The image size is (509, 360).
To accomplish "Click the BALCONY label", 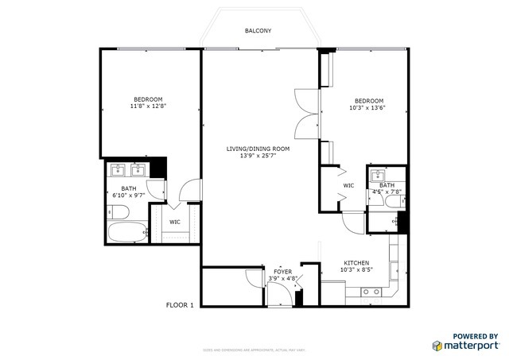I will point(258,31).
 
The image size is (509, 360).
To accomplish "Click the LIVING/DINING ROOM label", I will point(258,149).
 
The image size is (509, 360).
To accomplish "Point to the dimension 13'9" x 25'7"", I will point(258,157).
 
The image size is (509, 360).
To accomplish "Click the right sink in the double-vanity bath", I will point(139,168).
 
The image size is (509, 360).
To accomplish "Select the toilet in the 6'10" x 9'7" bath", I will point(116,212).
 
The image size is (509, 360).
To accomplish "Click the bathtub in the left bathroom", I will point(127,234).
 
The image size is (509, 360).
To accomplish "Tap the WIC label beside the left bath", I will point(175,221).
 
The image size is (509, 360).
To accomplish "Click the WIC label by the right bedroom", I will point(348,185).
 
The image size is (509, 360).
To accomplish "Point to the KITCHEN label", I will point(356,262).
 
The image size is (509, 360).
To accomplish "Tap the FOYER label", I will point(282,272).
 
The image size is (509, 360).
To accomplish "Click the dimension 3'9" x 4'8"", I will point(282,279).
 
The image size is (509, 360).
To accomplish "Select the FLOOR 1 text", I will point(180,304).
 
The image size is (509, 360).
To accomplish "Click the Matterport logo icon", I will point(437,346).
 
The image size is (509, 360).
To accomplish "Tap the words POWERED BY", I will point(476,336).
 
